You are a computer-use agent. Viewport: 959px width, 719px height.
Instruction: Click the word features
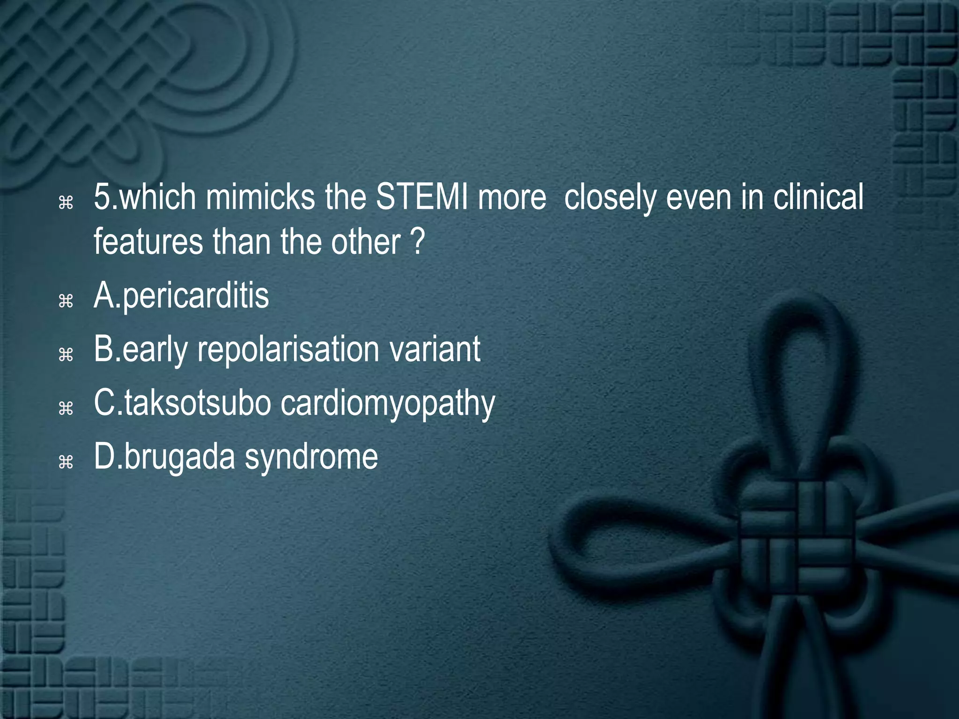(148, 242)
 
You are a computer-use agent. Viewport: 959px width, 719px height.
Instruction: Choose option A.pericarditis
(182, 296)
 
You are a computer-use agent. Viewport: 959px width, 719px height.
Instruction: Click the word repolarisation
(288, 350)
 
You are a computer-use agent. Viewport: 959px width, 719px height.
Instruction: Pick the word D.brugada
(164, 458)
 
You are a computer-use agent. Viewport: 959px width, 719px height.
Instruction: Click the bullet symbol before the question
(66, 202)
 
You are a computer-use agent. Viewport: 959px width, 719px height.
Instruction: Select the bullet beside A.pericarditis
(66, 301)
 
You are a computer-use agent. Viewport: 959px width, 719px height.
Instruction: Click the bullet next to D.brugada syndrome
(66, 462)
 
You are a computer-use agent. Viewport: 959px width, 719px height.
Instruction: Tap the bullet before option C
(66, 409)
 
